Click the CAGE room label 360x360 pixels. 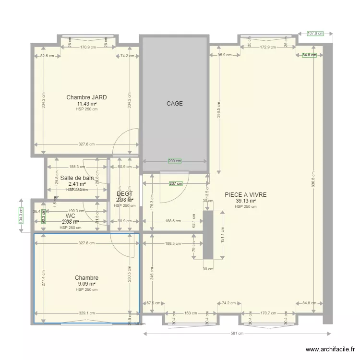click(175, 104)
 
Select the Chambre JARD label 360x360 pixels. click(86, 97)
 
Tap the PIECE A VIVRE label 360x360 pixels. click(245, 195)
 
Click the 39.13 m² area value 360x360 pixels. click(245, 201)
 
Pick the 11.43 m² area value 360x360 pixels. click(86, 104)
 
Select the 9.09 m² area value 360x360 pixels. click(86, 284)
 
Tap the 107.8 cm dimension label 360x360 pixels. click(315, 34)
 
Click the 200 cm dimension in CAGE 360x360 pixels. click(175, 161)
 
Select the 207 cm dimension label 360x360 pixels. click(176, 183)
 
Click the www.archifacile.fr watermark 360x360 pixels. click(330, 349)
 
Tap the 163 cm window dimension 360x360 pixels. click(191, 313)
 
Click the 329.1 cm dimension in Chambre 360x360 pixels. click(86, 313)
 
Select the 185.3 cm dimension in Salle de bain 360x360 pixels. click(77, 167)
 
